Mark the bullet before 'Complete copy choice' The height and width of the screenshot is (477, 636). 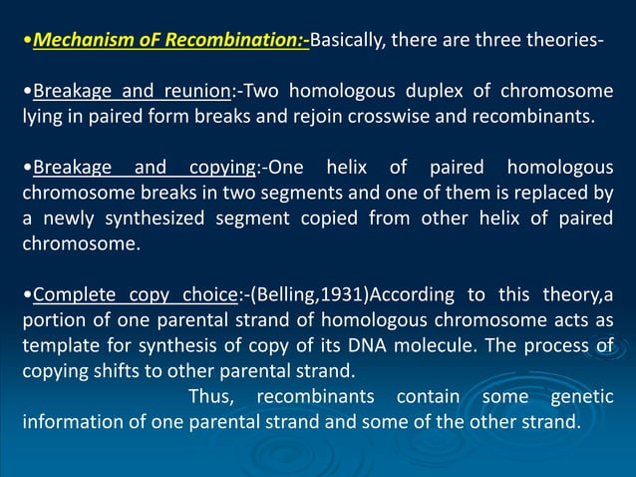point(27,294)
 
